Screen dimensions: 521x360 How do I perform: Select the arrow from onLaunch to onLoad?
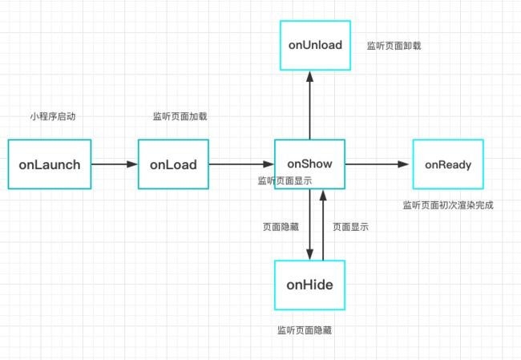pos(115,164)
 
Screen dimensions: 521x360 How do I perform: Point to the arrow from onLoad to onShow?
pos(241,164)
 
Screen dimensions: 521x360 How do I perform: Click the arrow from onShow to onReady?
pos(378,164)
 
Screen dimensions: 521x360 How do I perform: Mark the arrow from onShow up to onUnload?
pos(309,105)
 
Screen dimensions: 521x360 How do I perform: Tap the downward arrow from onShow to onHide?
pos(309,224)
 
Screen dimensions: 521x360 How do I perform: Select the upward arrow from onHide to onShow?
pos(323,225)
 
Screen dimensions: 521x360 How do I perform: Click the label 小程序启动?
pos(53,116)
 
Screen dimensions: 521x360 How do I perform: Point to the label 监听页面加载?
pos(180,116)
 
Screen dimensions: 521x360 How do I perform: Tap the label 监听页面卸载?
pos(394,46)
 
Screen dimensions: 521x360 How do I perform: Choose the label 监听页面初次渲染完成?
pos(448,205)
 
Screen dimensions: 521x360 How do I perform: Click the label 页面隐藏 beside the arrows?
pos(281,227)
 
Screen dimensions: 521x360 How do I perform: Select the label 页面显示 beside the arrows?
pos(350,227)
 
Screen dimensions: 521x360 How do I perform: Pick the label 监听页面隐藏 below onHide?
pos(305,330)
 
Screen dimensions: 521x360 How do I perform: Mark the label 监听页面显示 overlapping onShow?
pos(285,180)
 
